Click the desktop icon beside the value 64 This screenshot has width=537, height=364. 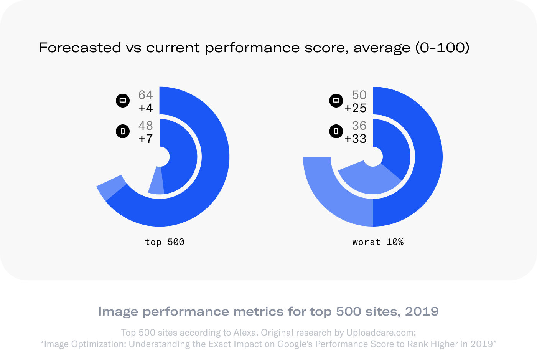click(123, 101)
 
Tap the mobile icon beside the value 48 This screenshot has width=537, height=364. click(123, 131)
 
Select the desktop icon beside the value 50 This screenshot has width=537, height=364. click(336, 101)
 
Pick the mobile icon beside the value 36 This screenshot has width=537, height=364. click(336, 131)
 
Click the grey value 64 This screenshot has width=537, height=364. click(145, 95)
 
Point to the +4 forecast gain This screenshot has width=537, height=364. click(145, 108)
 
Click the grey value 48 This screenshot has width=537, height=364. click(145, 126)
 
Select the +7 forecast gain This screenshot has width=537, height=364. click(145, 139)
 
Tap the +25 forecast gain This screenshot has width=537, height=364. click(355, 108)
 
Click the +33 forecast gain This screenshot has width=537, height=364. click(355, 139)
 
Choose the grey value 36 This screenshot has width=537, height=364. click(359, 126)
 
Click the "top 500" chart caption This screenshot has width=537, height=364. click(165, 242)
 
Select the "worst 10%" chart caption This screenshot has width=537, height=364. click(378, 242)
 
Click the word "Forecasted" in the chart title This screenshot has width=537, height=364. click(80, 48)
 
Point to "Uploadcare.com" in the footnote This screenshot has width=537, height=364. click(381, 333)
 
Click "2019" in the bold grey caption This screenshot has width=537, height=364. click(422, 311)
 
